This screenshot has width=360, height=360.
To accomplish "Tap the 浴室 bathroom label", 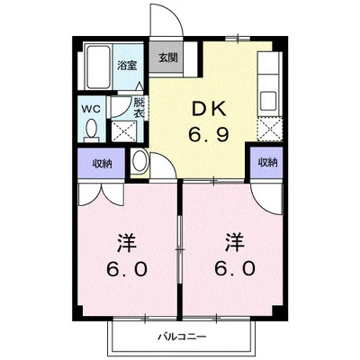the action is pyautogui.click(x=127, y=66).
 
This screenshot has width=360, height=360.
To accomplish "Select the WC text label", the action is pyautogui.click(x=91, y=110).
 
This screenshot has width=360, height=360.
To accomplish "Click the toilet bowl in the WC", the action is pyautogui.click(x=91, y=130).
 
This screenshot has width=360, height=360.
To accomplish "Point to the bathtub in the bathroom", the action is pyautogui.click(x=98, y=67).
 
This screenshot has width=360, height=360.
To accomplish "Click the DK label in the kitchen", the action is pyautogui.click(x=209, y=109).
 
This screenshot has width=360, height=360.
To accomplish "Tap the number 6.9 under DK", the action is pyautogui.click(x=209, y=134).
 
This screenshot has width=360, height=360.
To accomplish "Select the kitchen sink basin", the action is pyautogui.click(x=268, y=101).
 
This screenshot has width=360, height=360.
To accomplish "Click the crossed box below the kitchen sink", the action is pyautogui.click(x=270, y=130).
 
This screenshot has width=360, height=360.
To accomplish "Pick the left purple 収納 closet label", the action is pyautogui.click(x=102, y=164).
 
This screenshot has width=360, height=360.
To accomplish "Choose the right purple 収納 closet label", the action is pyautogui.click(x=268, y=163).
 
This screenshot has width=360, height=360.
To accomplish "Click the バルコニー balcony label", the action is pyautogui.click(x=182, y=337).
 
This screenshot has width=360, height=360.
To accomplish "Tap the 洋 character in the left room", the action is pyautogui.click(x=127, y=244).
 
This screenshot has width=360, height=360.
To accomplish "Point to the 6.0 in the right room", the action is pyautogui.click(x=235, y=268).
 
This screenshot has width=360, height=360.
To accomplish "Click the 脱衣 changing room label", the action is pyautogui.click(x=139, y=108).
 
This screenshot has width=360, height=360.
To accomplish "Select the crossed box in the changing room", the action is pyautogui.click(x=124, y=131).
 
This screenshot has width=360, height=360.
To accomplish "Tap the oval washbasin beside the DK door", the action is pyautogui.click(x=139, y=162).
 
